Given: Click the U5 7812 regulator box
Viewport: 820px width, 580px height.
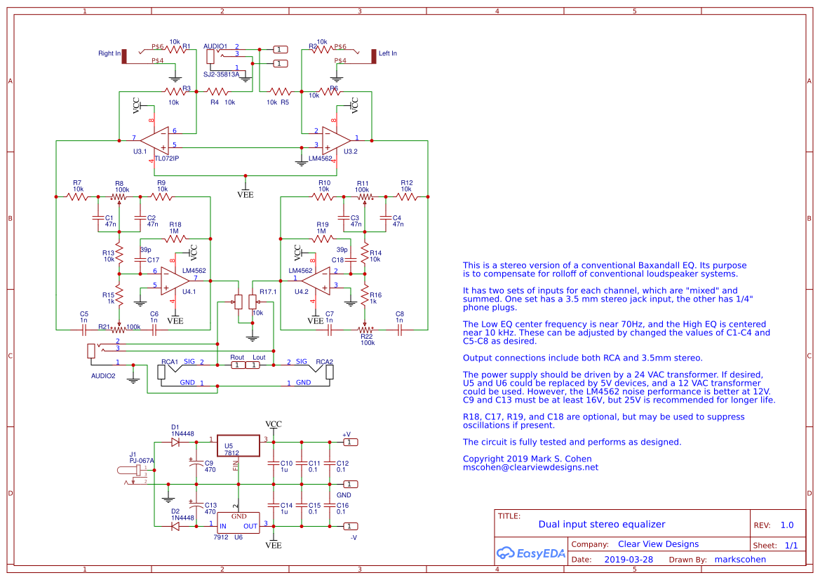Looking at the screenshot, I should tap(238, 448).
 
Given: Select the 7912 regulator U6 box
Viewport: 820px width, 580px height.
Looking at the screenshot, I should tap(238, 521).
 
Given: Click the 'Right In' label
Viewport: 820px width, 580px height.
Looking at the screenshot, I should tap(109, 54).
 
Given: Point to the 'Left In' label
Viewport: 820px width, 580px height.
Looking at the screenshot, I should tap(387, 54).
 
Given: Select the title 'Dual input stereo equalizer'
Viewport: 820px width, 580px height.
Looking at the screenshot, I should tap(601, 525).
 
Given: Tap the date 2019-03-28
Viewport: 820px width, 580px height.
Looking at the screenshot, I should tap(628, 560).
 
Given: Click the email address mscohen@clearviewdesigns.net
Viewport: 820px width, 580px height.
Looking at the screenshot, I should tap(530, 467).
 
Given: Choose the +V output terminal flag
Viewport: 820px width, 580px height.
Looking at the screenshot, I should tap(351, 442).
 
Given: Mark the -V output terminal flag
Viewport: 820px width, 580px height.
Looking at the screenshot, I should tap(351, 526).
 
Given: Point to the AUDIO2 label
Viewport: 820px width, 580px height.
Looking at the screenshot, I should tap(103, 375).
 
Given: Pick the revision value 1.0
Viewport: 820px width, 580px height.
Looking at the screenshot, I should tap(787, 525).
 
